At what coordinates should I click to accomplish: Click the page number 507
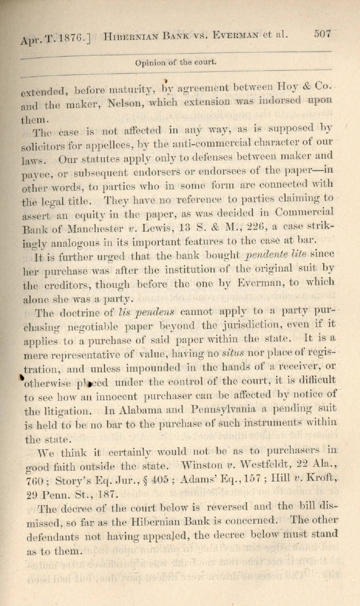coord(322,34)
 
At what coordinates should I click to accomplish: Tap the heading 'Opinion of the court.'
coord(175,63)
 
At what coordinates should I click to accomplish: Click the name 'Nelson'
coord(127,103)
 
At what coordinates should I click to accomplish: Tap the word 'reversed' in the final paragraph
coord(217,508)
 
